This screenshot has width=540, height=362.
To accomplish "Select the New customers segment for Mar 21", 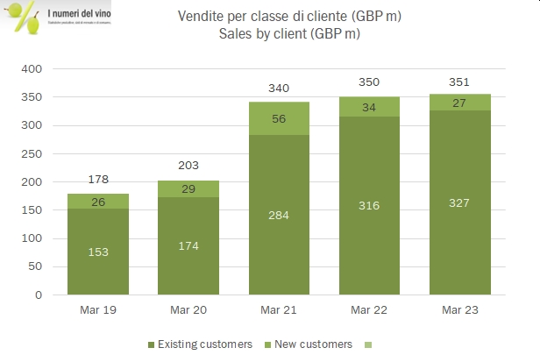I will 279,118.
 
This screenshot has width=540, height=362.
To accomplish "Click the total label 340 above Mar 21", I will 279,88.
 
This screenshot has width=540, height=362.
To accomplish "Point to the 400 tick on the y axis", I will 32,69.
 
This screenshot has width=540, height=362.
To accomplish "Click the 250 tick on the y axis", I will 32,154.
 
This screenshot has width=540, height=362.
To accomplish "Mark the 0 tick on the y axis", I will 39,295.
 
